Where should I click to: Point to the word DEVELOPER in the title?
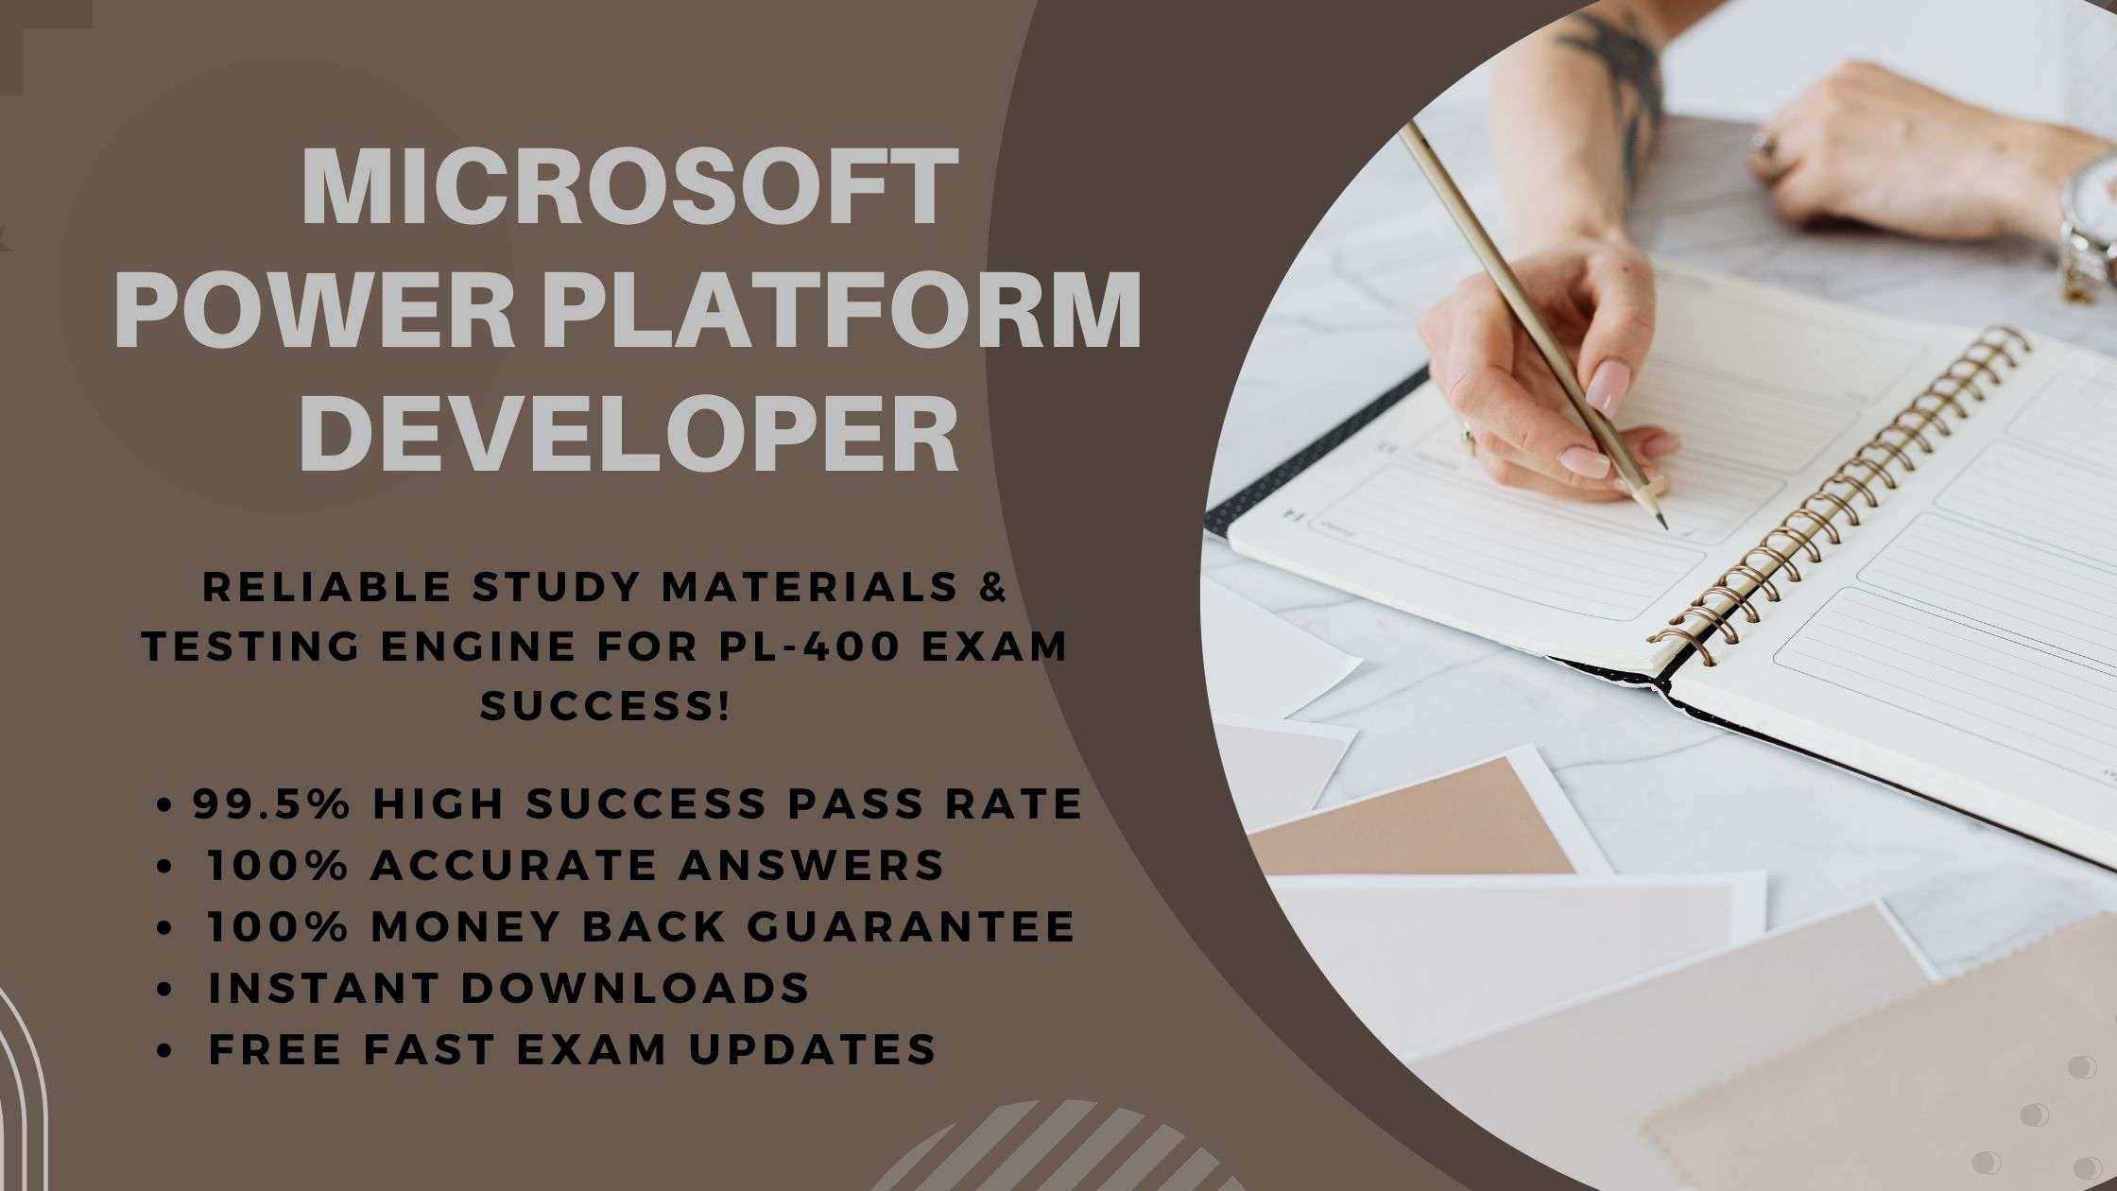pos(629,432)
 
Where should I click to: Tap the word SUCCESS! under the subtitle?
pos(605,706)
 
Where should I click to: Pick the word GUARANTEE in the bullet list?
pos(910,926)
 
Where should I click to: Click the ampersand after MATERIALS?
pos(990,587)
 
